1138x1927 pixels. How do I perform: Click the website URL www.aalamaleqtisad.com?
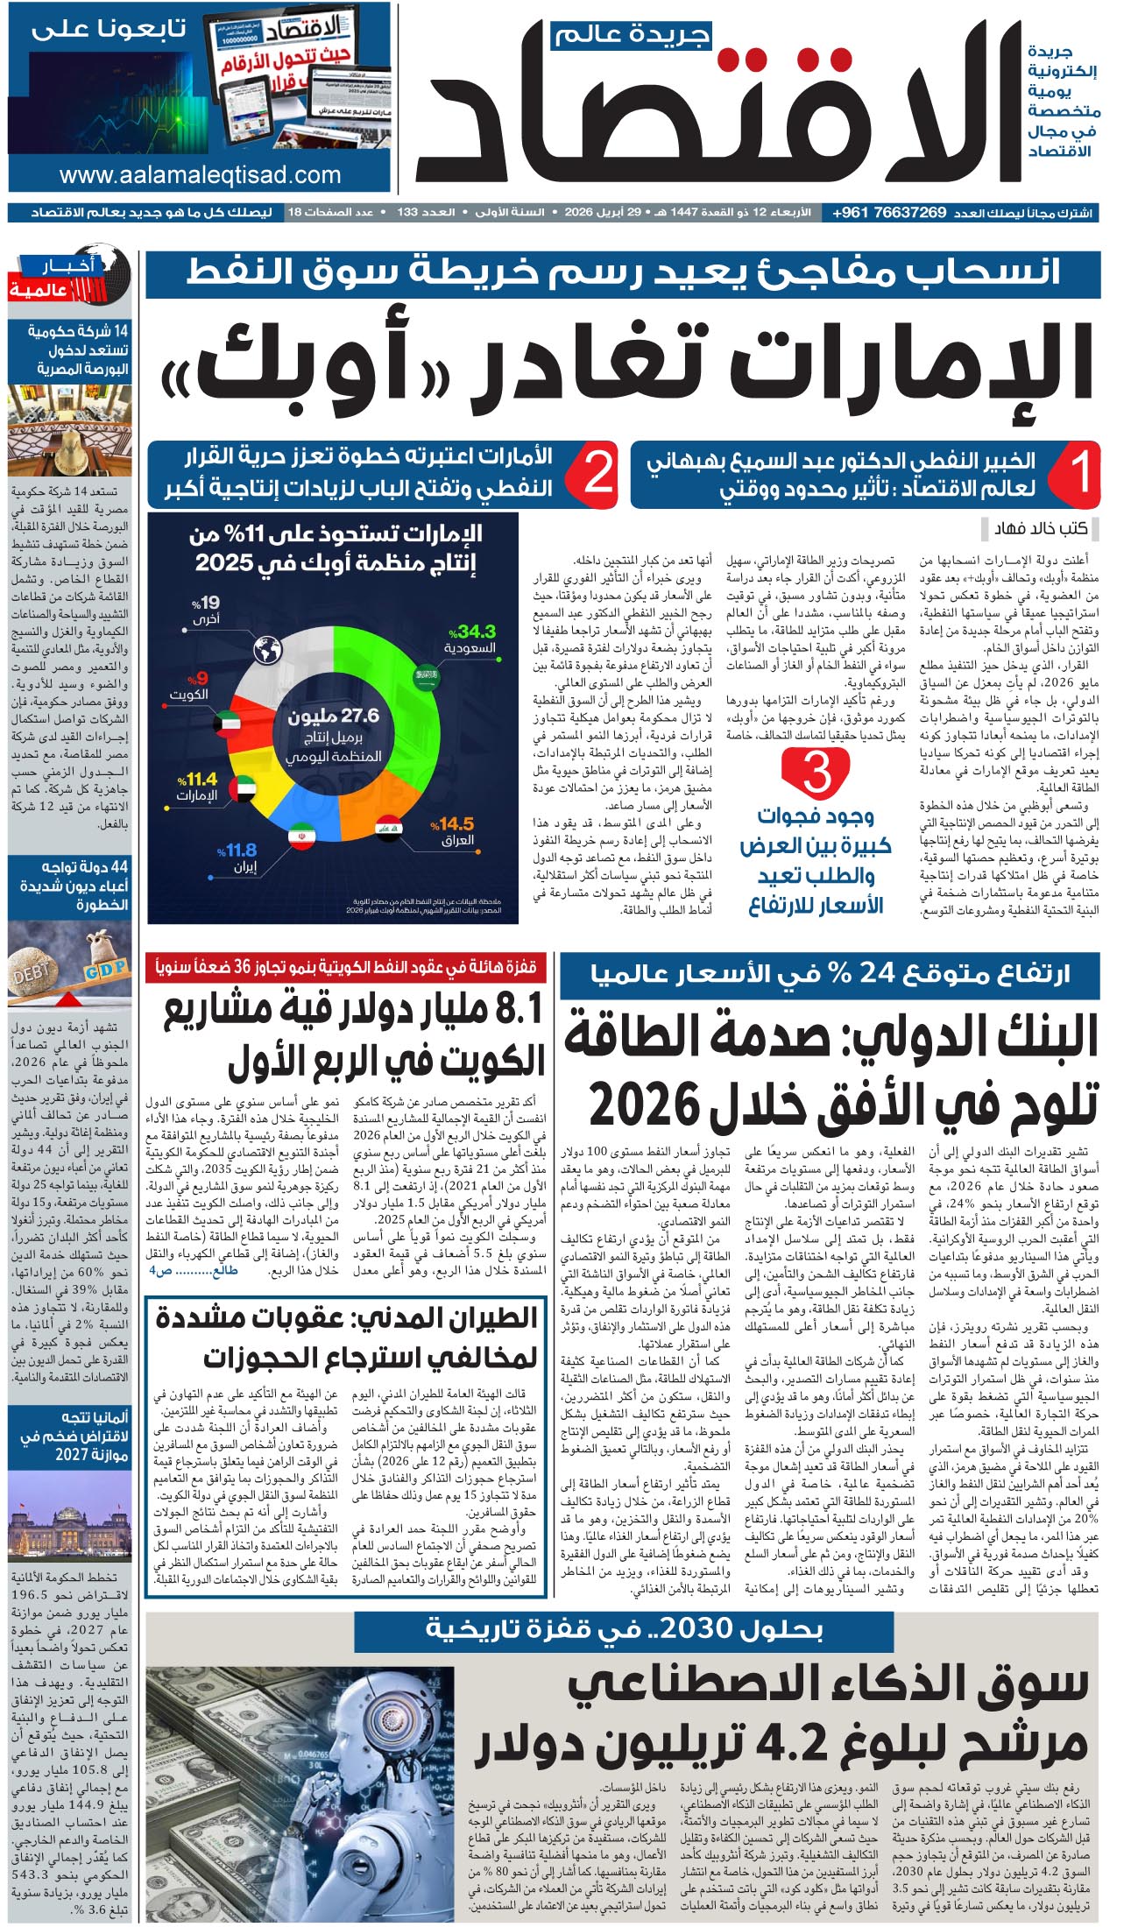coord(200,175)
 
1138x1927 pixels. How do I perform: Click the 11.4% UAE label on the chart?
coord(197,786)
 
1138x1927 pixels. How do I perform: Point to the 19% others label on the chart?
coord(206,610)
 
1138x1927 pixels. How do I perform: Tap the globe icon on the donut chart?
coord(267,650)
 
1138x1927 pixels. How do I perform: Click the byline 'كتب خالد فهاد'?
coord(1040,528)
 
